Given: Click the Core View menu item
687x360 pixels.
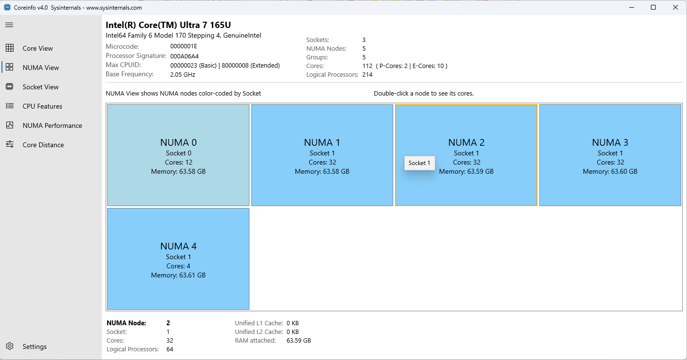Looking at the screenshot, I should click(38, 48).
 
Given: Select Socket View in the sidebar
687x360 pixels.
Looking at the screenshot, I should click(41, 87).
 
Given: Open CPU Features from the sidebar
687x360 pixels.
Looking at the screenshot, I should click(42, 106).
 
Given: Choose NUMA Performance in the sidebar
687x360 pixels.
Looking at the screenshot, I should click(52, 125).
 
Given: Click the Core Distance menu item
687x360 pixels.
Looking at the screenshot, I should click(43, 145).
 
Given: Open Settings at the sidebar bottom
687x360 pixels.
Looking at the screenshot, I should click(34, 346).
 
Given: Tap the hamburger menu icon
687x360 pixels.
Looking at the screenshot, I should click(9, 25).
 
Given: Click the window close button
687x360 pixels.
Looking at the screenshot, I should click(675, 7).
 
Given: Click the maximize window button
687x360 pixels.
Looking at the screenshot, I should click(653, 7).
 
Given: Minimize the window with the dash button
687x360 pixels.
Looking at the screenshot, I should click(631, 7).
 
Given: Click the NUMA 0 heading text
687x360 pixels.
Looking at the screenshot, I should click(178, 142).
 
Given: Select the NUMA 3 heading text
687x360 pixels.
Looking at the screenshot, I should click(610, 142).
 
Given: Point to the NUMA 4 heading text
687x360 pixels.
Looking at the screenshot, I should click(178, 246).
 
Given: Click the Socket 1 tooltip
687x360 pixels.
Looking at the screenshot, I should click(419, 163).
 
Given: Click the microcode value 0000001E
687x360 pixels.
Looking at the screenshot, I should click(184, 46).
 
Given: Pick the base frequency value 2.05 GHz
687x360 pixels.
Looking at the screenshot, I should click(182, 74).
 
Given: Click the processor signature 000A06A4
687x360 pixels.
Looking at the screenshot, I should click(184, 56).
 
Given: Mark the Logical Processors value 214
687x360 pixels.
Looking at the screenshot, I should click(367, 74).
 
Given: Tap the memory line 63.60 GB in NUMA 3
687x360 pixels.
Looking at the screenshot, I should click(610, 171).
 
